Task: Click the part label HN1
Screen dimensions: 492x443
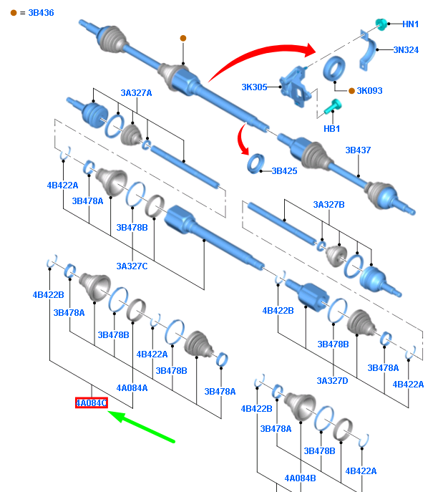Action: pyautogui.click(x=410, y=24)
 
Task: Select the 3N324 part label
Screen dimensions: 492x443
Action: pyautogui.click(x=406, y=50)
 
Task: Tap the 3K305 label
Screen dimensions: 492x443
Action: pyautogui.click(x=254, y=87)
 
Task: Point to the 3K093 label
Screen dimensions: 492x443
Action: pyautogui.click(x=370, y=91)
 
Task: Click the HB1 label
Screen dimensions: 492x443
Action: pyautogui.click(x=332, y=129)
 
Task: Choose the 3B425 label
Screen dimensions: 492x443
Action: pyautogui.click(x=284, y=171)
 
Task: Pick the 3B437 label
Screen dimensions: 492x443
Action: pyautogui.click(x=359, y=150)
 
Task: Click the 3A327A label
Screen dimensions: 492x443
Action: pyautogui.click(x=136, y=93)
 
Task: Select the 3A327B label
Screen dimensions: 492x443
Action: pyautogui.click(x=328, y=205)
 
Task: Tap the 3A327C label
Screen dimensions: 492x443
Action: pyautogui.click(x=132, y=266)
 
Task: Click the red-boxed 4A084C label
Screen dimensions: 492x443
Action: pyautogui.click(x=92, y=403)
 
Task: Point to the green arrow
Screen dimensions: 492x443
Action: pyautogui.click(x=143, y=428)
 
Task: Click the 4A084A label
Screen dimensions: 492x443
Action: pyautogui.click(x=132, y=388)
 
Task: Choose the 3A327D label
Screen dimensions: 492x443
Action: pyautogui.click(x=332, y=381)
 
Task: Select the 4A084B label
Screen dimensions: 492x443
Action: pyautogui.click(x=300, y=478)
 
